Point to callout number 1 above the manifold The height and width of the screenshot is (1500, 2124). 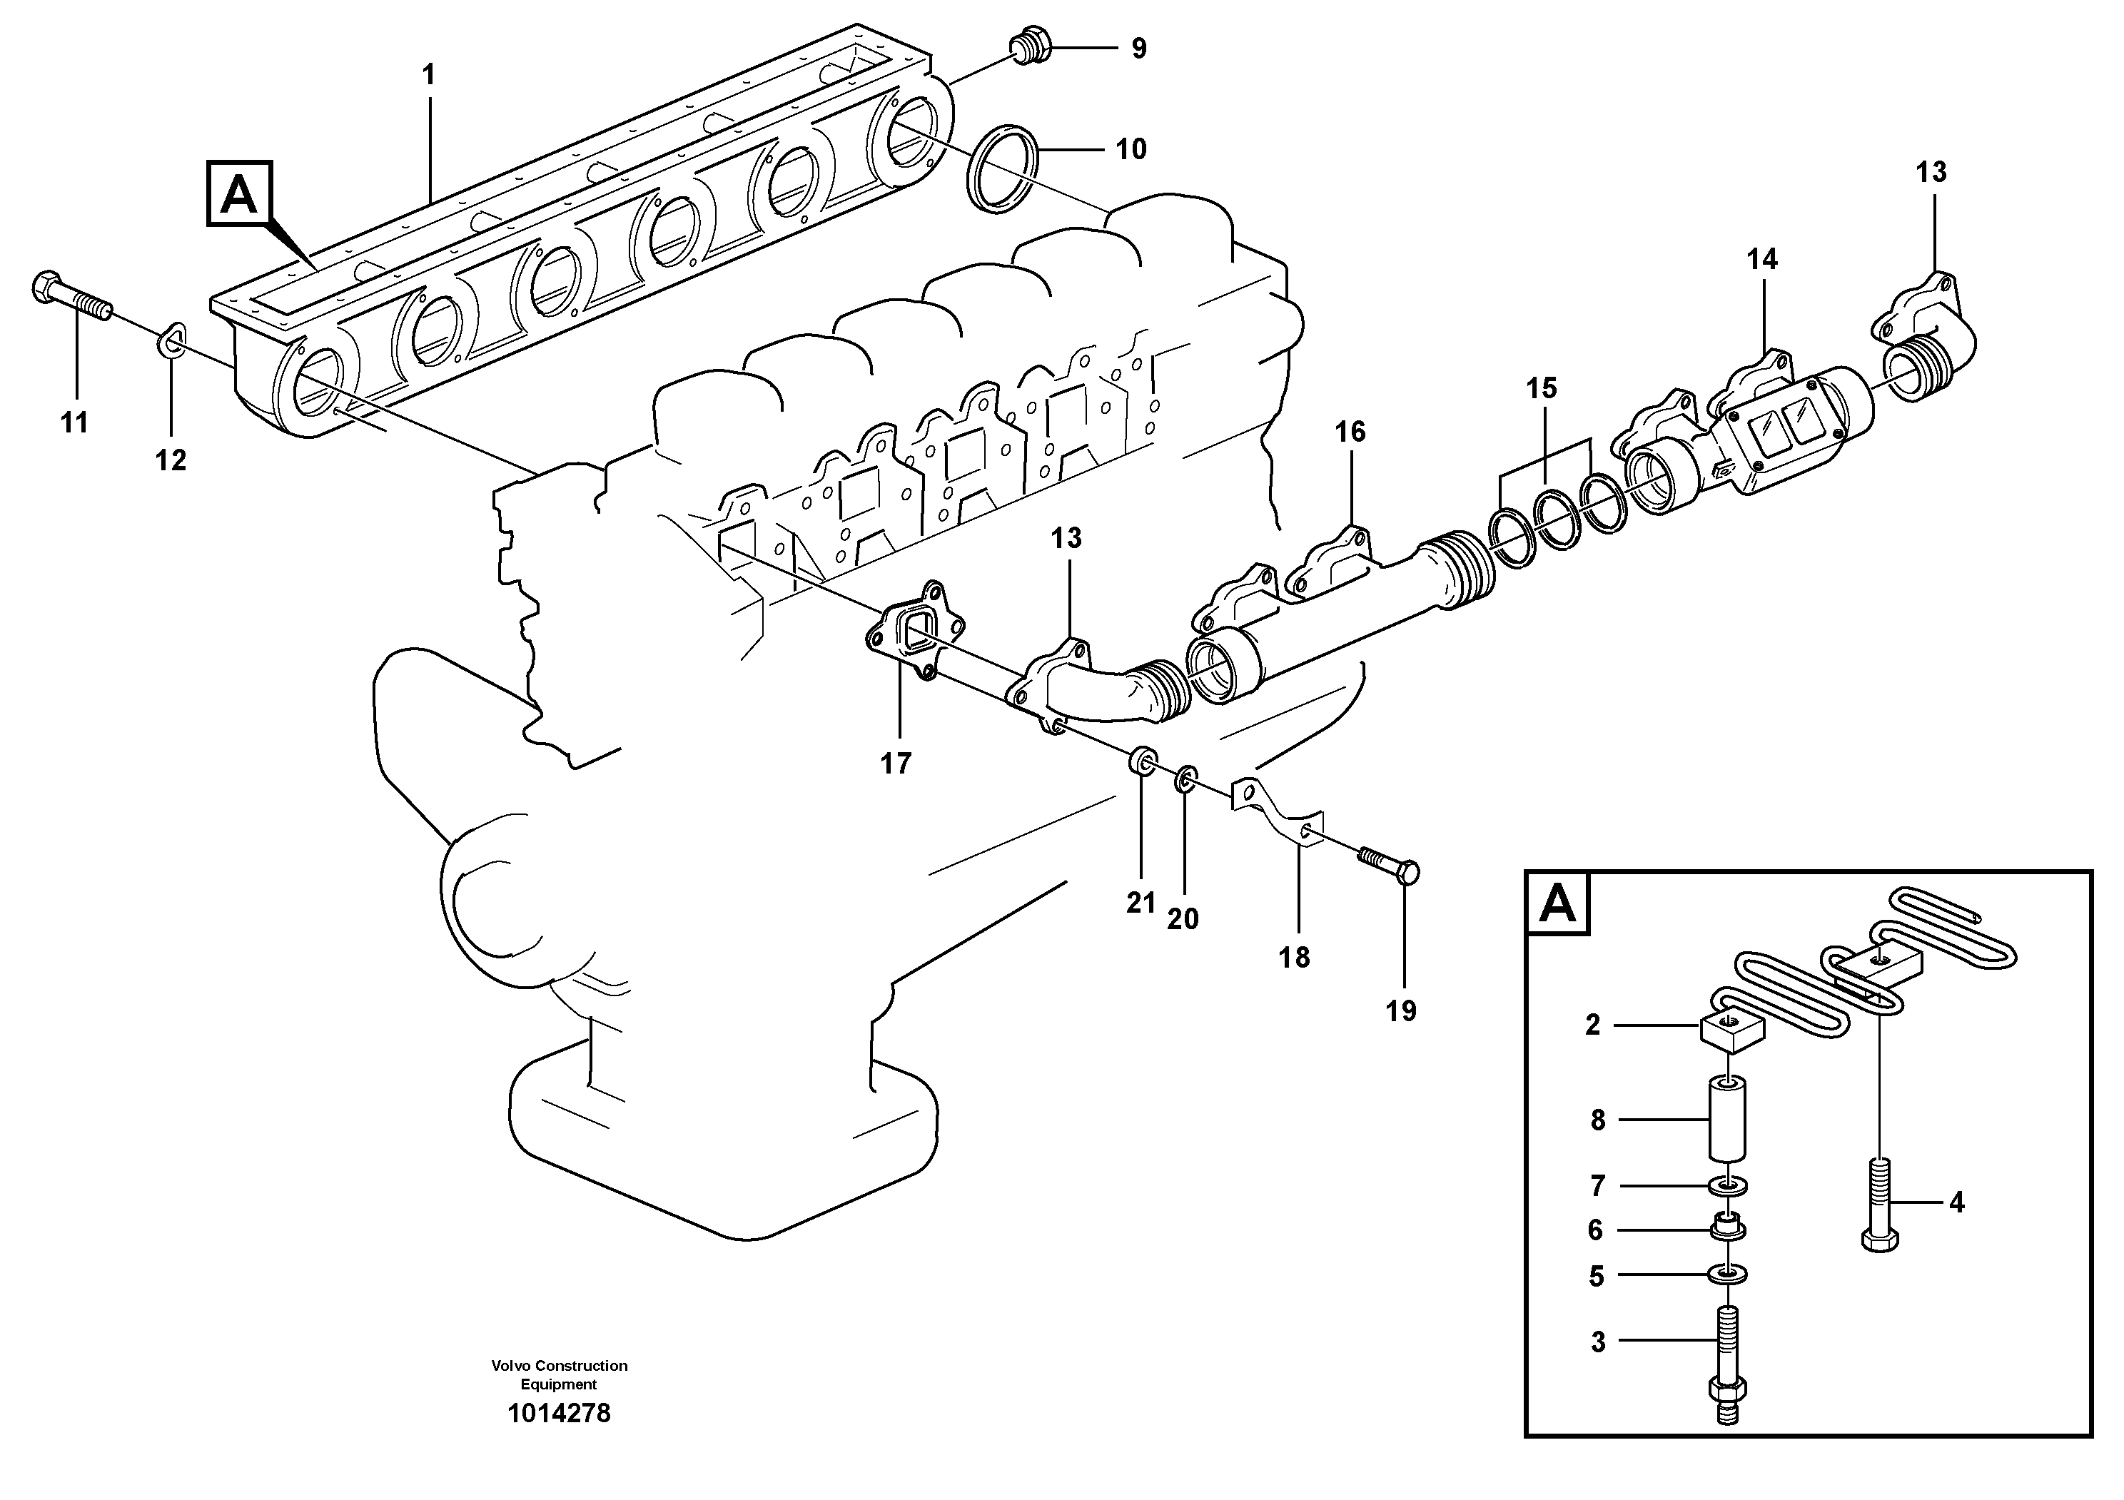pyautogui.click(x=428, y=75)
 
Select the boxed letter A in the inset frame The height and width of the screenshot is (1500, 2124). pyautogui.click(x=1558, y=903)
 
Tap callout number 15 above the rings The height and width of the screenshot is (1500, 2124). pyautogui.click(x=1541, y=387)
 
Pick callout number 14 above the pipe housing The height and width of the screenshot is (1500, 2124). pyautogui.click(x=1761, y=259)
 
